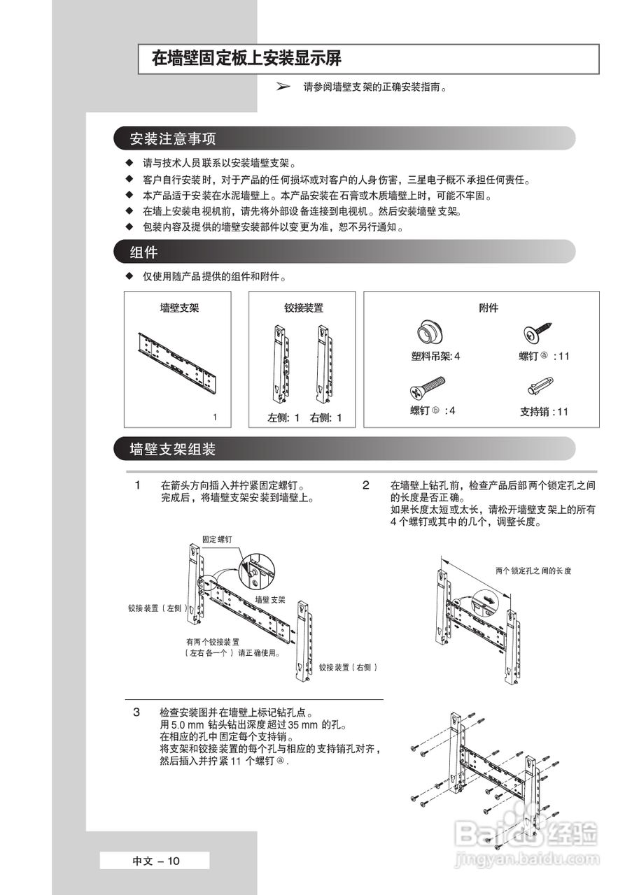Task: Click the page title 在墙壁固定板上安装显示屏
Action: pyautogui.click(x=247, y=59)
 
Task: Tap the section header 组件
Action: pyautogui.click(x=143, y=252)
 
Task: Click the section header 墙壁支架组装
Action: pyautogui.click(x=173, y=449)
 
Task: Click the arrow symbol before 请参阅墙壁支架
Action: pyautogui.click(x=283, y=87)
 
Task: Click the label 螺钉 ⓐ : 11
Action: pyautogui.click(x=544, y=356)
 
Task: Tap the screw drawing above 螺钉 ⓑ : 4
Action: pyautogui.click(x=427, y=387)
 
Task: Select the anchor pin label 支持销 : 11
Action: pyautogui.click(x=544, y=412)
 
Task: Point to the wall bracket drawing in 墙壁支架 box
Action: pyautogui.click(x=180, y=362)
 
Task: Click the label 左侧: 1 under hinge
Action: pyautogui.click(x=283, y=418)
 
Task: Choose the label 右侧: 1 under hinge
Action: pyautogui.click(x=325, y=418)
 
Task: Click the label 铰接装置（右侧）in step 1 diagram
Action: pyautogui.click(x=348, y=668)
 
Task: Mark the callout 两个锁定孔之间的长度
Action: pyautogui.click(x=533, y=571)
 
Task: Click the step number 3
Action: pyautogui.click(x=137, y=712)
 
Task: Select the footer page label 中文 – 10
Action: pyautogui.click(x=156, y=861)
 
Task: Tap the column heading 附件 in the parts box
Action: pyautogui.click(x=488, y=308)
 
